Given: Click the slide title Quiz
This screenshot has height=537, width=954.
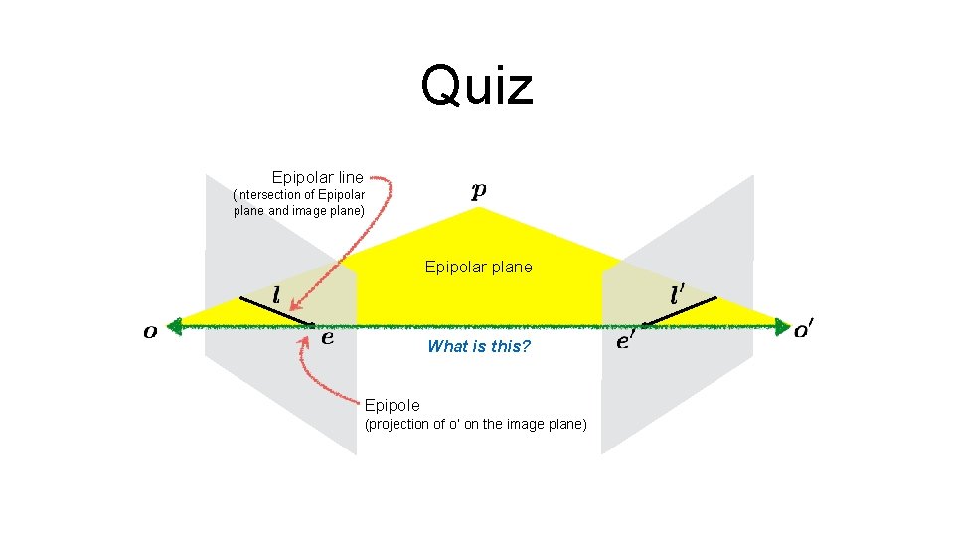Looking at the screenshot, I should pos(477,86).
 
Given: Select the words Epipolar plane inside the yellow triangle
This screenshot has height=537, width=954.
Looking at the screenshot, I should pos(478,267).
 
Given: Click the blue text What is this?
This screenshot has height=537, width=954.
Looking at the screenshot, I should pos(478,346).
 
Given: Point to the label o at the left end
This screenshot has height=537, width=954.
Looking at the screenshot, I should pos(150,331).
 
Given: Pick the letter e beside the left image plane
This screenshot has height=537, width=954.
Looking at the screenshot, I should pos(327,337).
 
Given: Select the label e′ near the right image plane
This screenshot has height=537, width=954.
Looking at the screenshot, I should pos(626,341).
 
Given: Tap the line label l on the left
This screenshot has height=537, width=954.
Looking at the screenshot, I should pos(275,295).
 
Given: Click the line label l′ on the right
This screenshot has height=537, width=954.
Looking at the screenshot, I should pos(678,294).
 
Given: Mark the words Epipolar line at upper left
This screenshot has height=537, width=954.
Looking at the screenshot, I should pos(317,177).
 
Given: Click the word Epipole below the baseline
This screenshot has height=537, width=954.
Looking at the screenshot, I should pos(392,405).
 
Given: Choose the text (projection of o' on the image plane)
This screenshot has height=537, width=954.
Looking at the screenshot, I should pos(476,425).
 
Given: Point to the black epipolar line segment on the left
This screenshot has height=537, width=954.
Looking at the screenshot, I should pos(276,310).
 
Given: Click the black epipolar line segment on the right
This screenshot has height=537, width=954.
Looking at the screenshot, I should pos(679,310).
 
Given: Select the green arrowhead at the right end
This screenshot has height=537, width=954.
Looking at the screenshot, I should pos(779,324).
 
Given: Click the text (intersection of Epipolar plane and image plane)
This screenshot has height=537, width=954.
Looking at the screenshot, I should pos(299,202).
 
